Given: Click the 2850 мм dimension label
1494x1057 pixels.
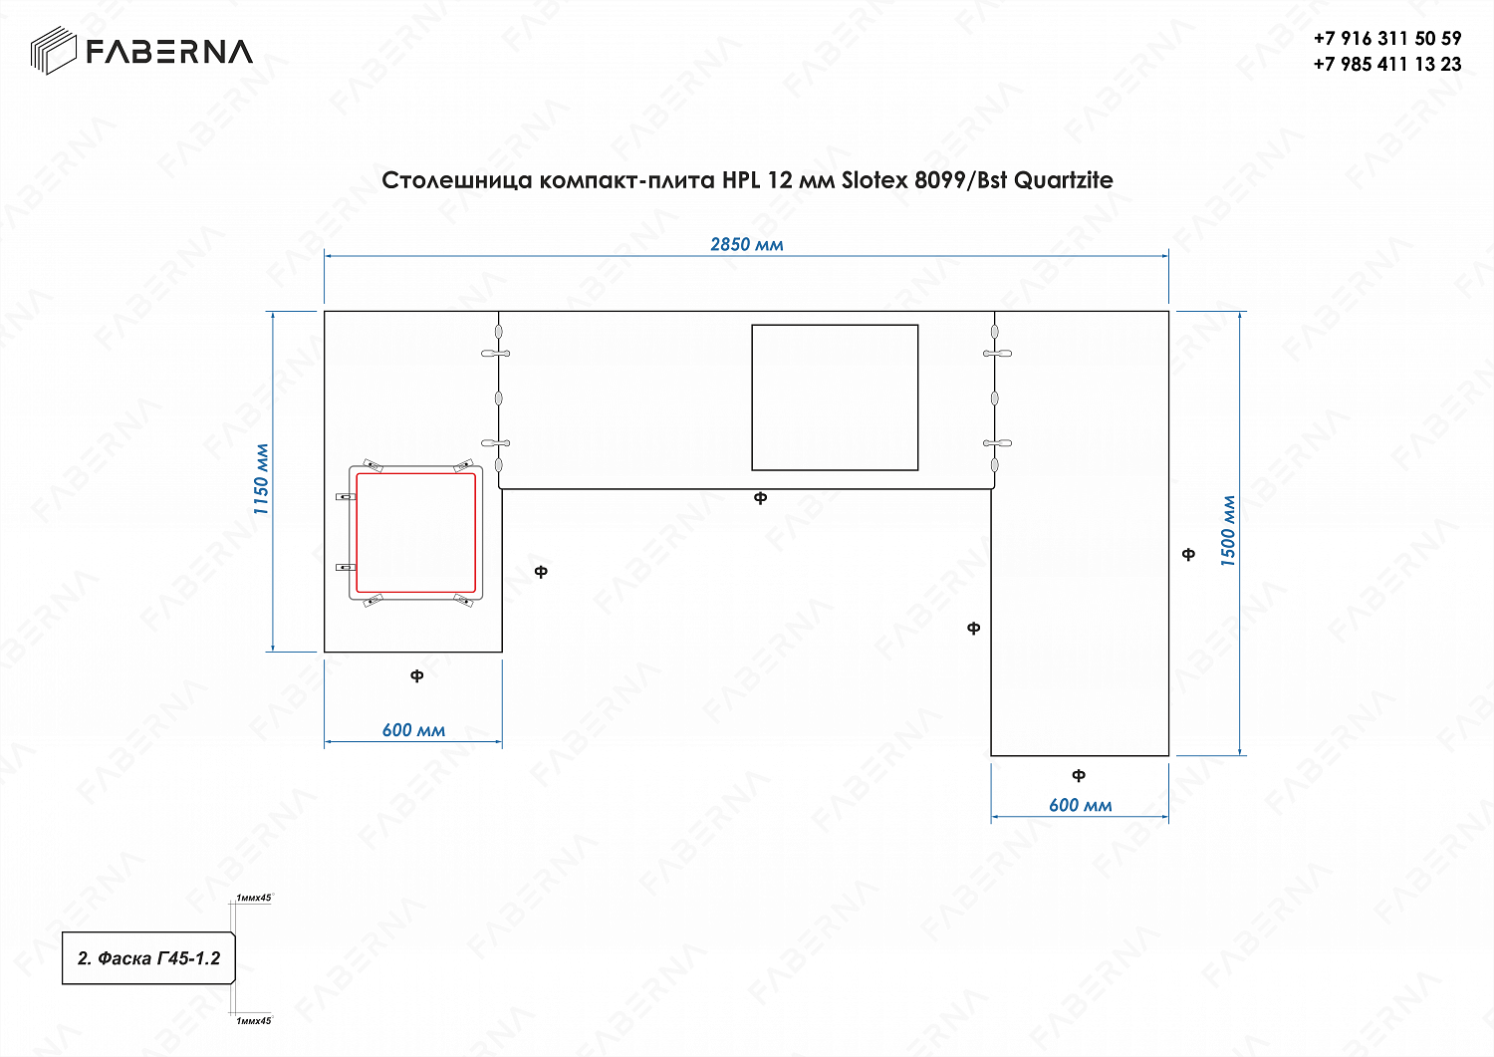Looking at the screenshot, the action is [x=746, y=245].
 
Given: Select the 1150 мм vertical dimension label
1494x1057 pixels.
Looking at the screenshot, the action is [x=261, y=479].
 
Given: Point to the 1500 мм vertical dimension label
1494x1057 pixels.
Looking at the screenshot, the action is [x=1228, y=531].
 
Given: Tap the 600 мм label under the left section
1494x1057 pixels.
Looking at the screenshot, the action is [x=413, y=730].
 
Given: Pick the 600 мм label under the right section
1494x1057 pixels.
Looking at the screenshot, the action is [x=1081, y=805].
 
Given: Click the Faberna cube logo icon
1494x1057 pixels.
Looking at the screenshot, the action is [x=54, y=50].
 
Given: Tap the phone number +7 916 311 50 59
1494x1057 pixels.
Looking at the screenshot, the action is [x=1387, y=39].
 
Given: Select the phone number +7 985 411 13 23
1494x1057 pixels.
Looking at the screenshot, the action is [x=1387, y=64].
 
